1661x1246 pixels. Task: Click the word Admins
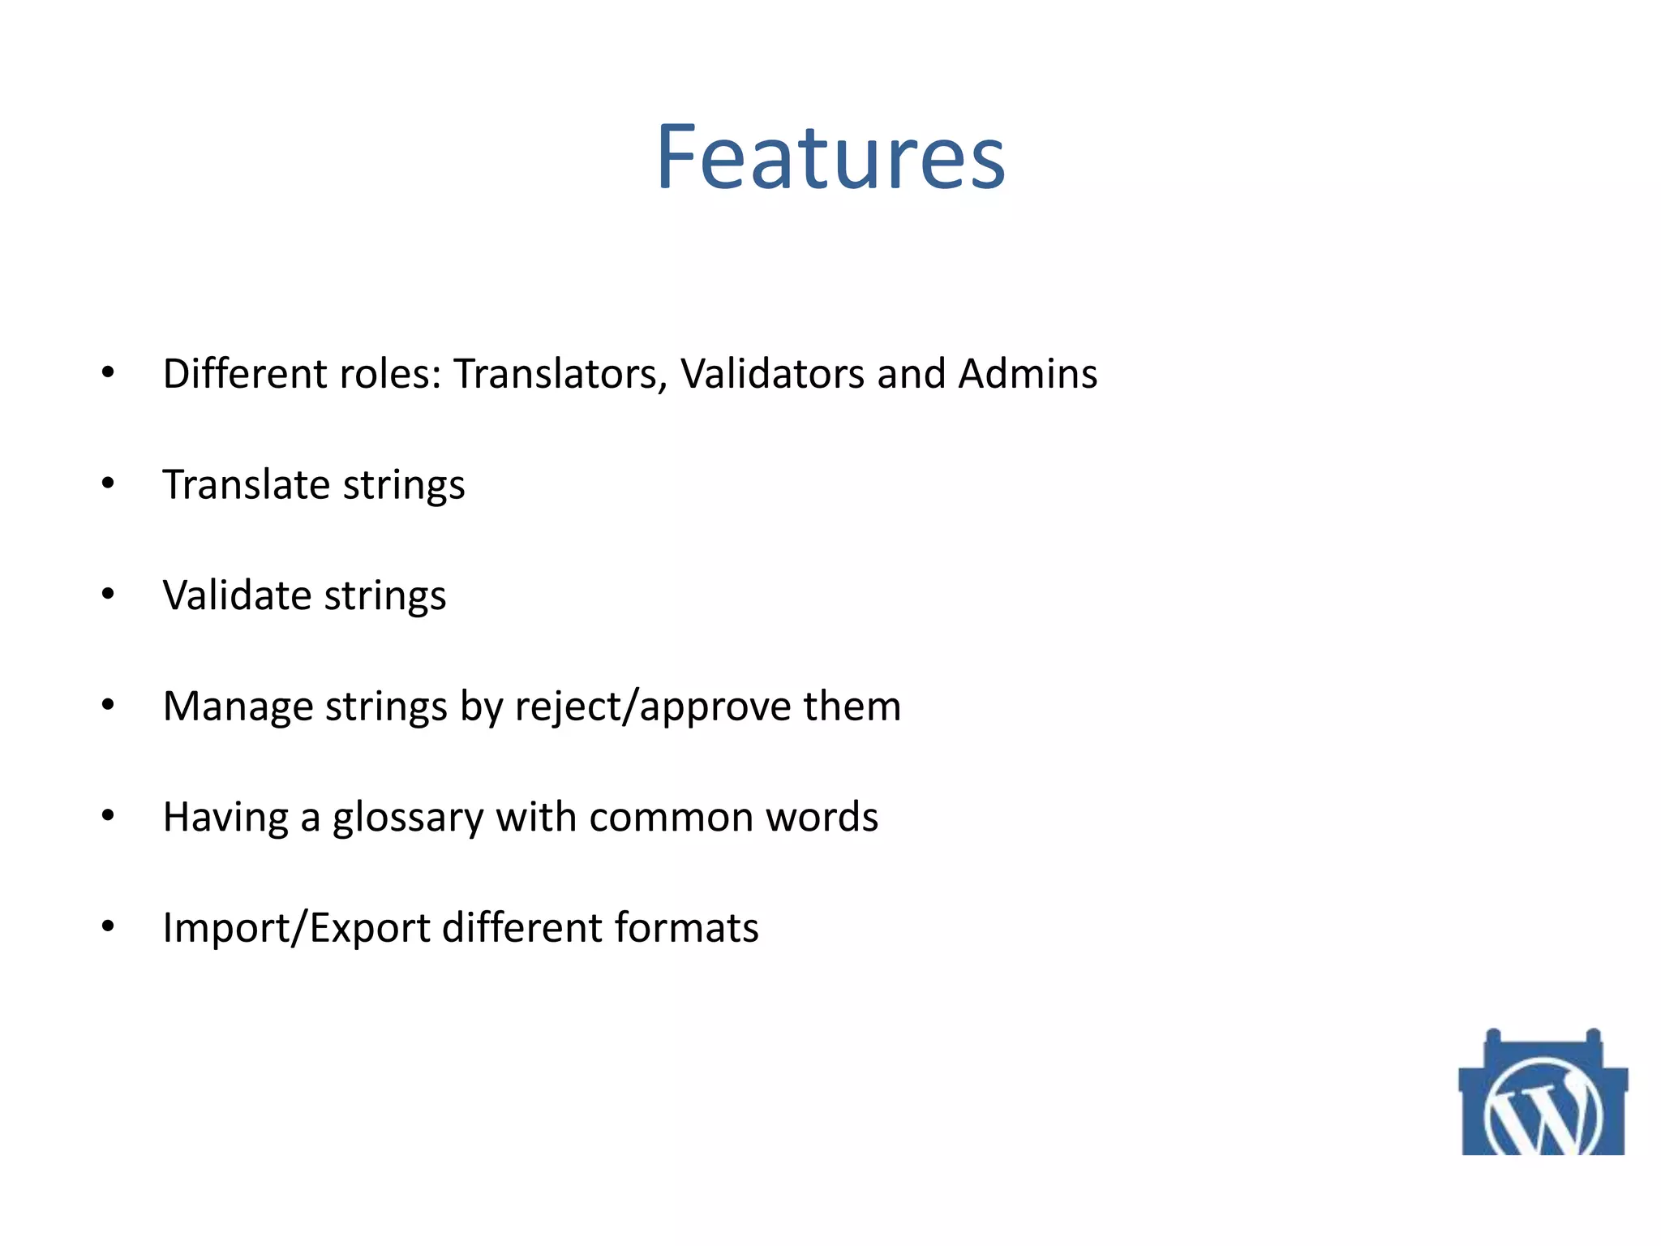coord(1028,375)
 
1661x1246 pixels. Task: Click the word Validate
coord(238,596)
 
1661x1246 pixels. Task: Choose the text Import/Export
coord(296,928)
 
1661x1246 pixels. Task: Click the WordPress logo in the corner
coord(1543,1095)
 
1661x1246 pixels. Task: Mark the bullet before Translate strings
coord(108,484)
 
